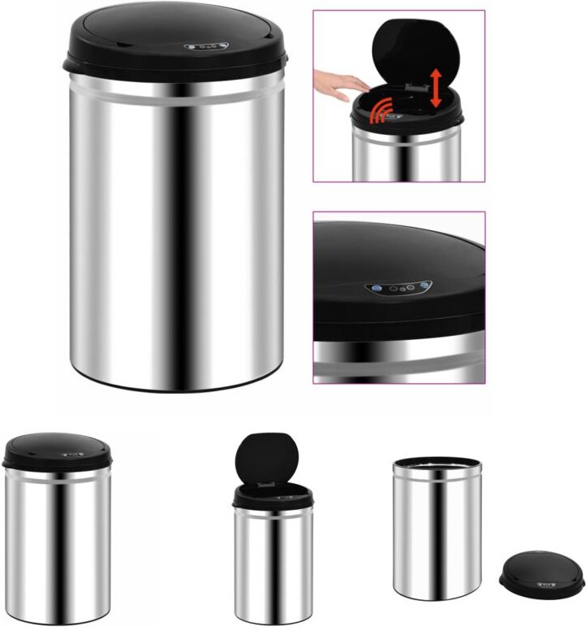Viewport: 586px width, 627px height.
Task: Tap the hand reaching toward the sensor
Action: pos(340,82)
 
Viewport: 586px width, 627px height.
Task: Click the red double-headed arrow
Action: pos(437,89)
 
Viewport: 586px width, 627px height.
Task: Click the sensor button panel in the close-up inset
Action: pos(398,287)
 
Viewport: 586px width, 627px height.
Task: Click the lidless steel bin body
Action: pos(436,533)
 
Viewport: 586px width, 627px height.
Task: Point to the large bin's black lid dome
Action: pos(175,33)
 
